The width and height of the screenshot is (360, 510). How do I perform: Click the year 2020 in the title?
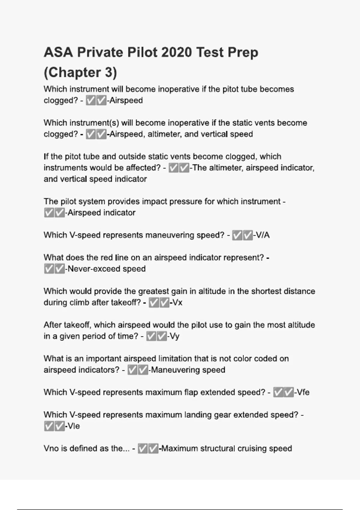click(x=177, y=52)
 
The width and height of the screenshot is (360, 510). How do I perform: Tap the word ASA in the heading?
click(x=58, y=52)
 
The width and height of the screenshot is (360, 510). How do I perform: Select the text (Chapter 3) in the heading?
click(x=80, y=72)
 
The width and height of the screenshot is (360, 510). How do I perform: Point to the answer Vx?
click(x=177, y=302)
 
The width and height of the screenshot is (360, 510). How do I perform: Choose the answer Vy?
click(x=174, y=336)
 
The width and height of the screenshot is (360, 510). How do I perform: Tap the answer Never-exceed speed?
click(x=106, y=269)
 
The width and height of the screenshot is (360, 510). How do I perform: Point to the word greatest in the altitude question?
click(x=153, y=291)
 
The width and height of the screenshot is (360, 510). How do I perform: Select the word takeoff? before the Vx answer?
click(x=126, y=302)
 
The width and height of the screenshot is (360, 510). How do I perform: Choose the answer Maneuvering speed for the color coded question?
click(x=188, y=370)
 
